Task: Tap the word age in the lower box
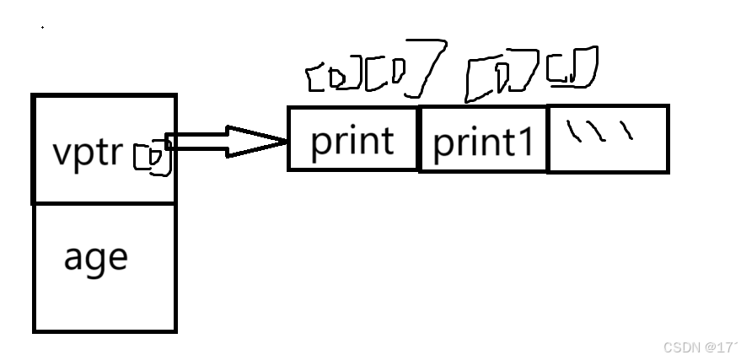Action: (x=95, y=256)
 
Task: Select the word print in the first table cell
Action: (x=352, y=141)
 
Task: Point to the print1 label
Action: (x=483, y=144)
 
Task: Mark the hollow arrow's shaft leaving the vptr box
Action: (x=198, y=141)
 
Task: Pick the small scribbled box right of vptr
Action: (x=152, y=157)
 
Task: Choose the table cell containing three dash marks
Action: (x=608, y=139)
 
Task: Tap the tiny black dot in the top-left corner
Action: (x=42, y=27)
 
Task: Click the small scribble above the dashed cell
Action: (x=572, y=67)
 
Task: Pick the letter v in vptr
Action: (x=60, y=154)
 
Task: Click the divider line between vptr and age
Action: (x=105, y=202)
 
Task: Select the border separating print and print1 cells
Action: (x=419, y=139)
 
